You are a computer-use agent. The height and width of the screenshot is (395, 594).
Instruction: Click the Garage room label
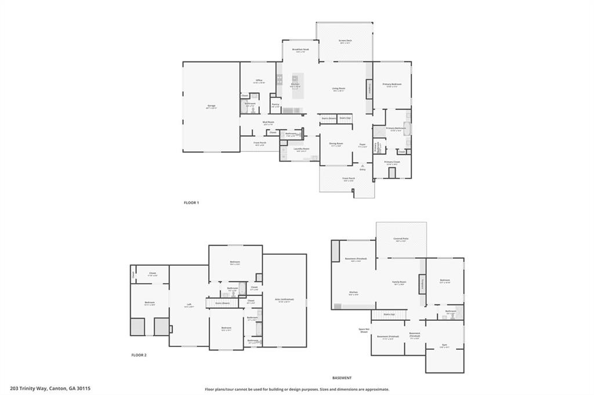[212, 106]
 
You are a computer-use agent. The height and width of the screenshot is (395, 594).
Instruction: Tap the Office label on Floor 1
[259, 81]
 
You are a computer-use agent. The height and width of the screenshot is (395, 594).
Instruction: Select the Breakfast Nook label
[300, 50]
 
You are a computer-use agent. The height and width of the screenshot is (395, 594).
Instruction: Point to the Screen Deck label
[345, 41]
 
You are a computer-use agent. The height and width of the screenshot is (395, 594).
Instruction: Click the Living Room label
[339, 89]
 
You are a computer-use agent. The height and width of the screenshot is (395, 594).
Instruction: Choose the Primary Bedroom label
[392, 85]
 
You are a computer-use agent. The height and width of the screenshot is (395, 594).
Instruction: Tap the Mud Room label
[268, 122]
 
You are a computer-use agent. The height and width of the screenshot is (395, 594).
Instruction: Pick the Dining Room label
[336, 144]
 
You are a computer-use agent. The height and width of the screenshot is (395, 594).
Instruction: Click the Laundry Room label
[301, 149]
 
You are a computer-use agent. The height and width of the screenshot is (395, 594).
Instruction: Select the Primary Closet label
[392, 162]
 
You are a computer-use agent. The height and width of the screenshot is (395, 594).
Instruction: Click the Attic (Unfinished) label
[284, 299]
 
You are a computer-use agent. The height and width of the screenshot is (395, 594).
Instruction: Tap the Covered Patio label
[401, 239]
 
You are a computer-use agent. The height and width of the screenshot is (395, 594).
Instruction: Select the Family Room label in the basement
[400, 282]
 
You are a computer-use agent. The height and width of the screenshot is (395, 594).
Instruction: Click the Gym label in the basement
[444, 345]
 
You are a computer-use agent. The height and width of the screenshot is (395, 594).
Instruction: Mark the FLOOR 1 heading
[191, 203]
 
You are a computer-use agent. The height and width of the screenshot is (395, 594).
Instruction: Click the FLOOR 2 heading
[139, 355]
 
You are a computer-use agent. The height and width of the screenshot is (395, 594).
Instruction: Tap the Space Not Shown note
[364, 331]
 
